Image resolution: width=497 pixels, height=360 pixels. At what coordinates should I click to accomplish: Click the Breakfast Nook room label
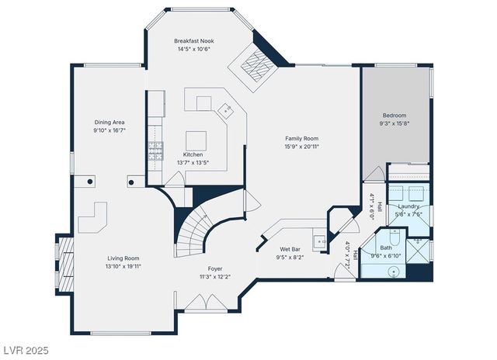click(194, 40)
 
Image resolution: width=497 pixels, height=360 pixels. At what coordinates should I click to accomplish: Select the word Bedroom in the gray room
click(394, 115)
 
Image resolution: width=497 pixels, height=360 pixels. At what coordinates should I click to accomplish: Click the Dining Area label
click(109, 123)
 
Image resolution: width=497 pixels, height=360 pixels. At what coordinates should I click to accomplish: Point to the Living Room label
click(123, 258)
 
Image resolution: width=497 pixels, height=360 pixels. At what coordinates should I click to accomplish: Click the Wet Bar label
click(290, 249)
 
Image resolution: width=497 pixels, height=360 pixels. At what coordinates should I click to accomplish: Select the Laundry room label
click(408, 206)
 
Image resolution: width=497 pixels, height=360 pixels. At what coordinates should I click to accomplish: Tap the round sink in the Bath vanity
click(394, 271)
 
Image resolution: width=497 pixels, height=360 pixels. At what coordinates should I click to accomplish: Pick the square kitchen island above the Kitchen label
click(196, 140)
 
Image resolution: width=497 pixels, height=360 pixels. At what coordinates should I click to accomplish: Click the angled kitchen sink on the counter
click(226, 109)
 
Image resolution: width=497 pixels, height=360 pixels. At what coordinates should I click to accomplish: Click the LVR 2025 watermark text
click(25, 351)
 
